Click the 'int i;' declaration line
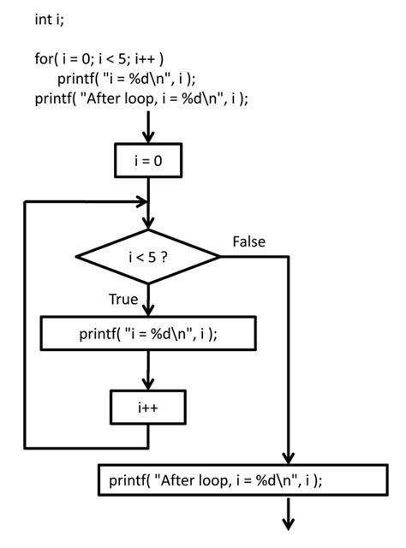[x=51, y=19]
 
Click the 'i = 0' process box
[x=148, y=159]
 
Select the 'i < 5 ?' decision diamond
[x=148, y=255]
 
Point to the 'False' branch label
[x=248, y=242]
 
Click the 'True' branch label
[x=122, y=299]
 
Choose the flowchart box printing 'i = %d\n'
[x=148, y=333]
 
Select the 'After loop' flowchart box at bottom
[x=215, y=480]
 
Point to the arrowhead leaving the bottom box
[x=290, y=523]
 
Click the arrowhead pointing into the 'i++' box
[x=148, y=384]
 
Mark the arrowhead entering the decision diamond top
[x=148, y=224]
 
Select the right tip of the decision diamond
[x=219, y=255]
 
